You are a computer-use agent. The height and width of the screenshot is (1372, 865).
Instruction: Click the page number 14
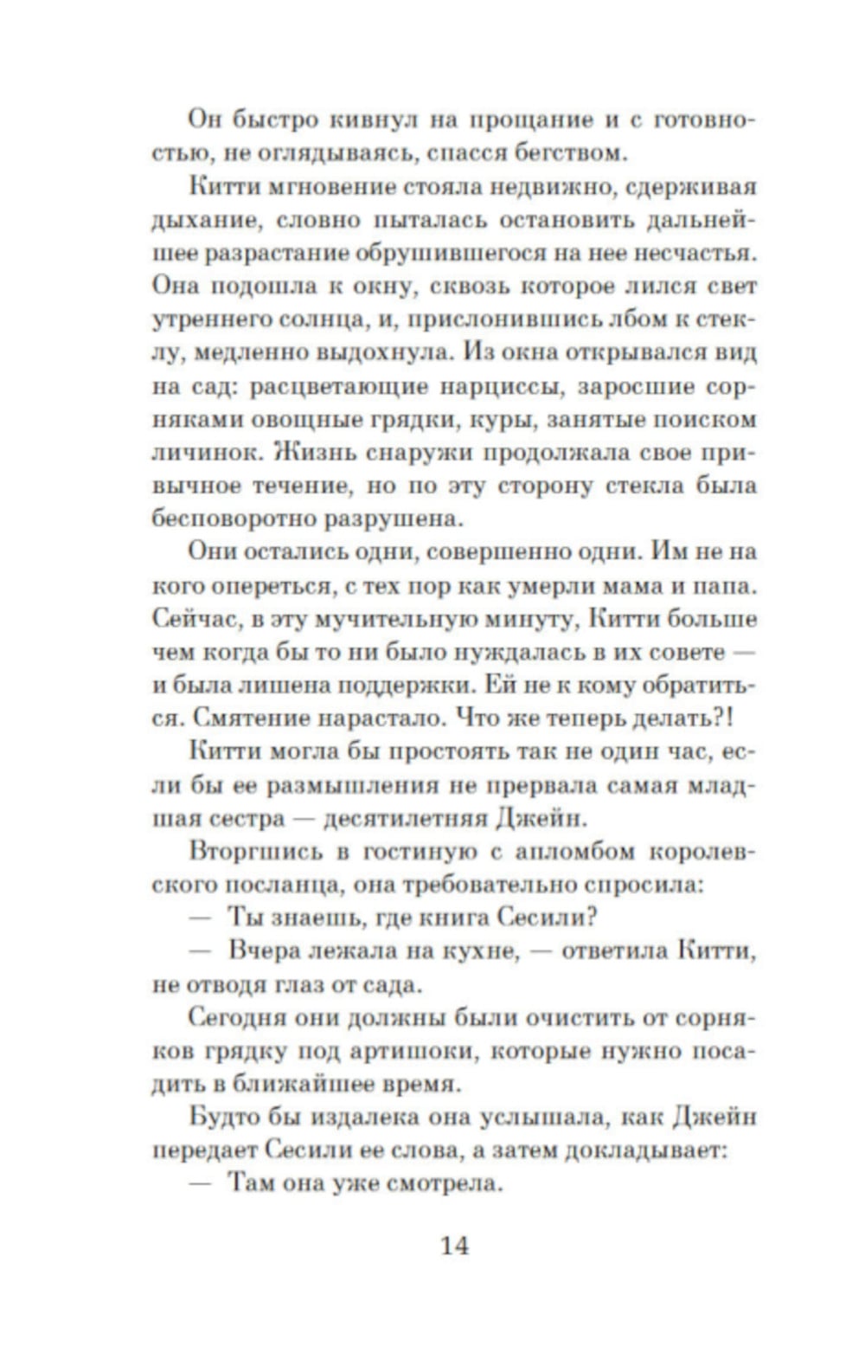(454, 1246)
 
